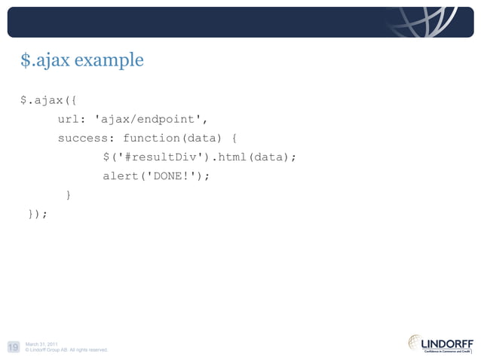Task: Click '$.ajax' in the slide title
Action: click(x=42, y=59)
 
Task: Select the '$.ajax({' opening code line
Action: click(x=48, y=99)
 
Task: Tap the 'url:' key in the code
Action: click(x=72, y=119)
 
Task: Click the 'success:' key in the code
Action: click(x=85, y=139)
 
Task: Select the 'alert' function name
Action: click(x=121, y=176)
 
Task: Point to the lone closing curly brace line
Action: click(x=69, y=196)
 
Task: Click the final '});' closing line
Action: click(x=37, y=215)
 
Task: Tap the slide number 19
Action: click(x=14, y=347)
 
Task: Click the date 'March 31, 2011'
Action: click(x=42, y=343)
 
